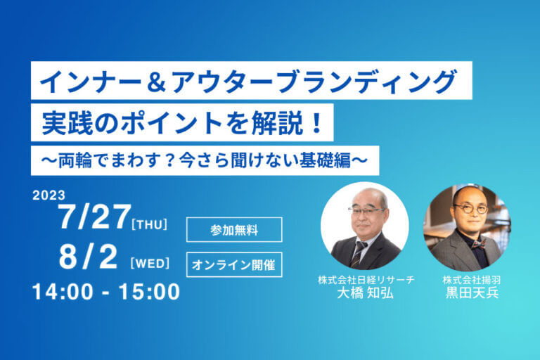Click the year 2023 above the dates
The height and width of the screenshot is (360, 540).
49,195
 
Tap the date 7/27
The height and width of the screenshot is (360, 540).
95,217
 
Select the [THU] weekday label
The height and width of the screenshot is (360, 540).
150,224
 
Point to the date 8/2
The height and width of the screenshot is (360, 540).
88,257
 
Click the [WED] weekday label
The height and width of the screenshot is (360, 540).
150,264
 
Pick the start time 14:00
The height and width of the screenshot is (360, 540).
63,292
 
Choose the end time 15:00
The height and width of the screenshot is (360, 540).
149,292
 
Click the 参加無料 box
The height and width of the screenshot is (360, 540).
234,229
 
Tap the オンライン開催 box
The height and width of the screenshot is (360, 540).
234,264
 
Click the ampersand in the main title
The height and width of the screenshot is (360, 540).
157,83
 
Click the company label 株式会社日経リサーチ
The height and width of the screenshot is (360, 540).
366,280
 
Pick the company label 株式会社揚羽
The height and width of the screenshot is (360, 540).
472,280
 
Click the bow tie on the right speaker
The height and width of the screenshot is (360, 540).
479,245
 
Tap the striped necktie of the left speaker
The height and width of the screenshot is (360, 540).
356,255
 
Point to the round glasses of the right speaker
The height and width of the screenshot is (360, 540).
471,208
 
